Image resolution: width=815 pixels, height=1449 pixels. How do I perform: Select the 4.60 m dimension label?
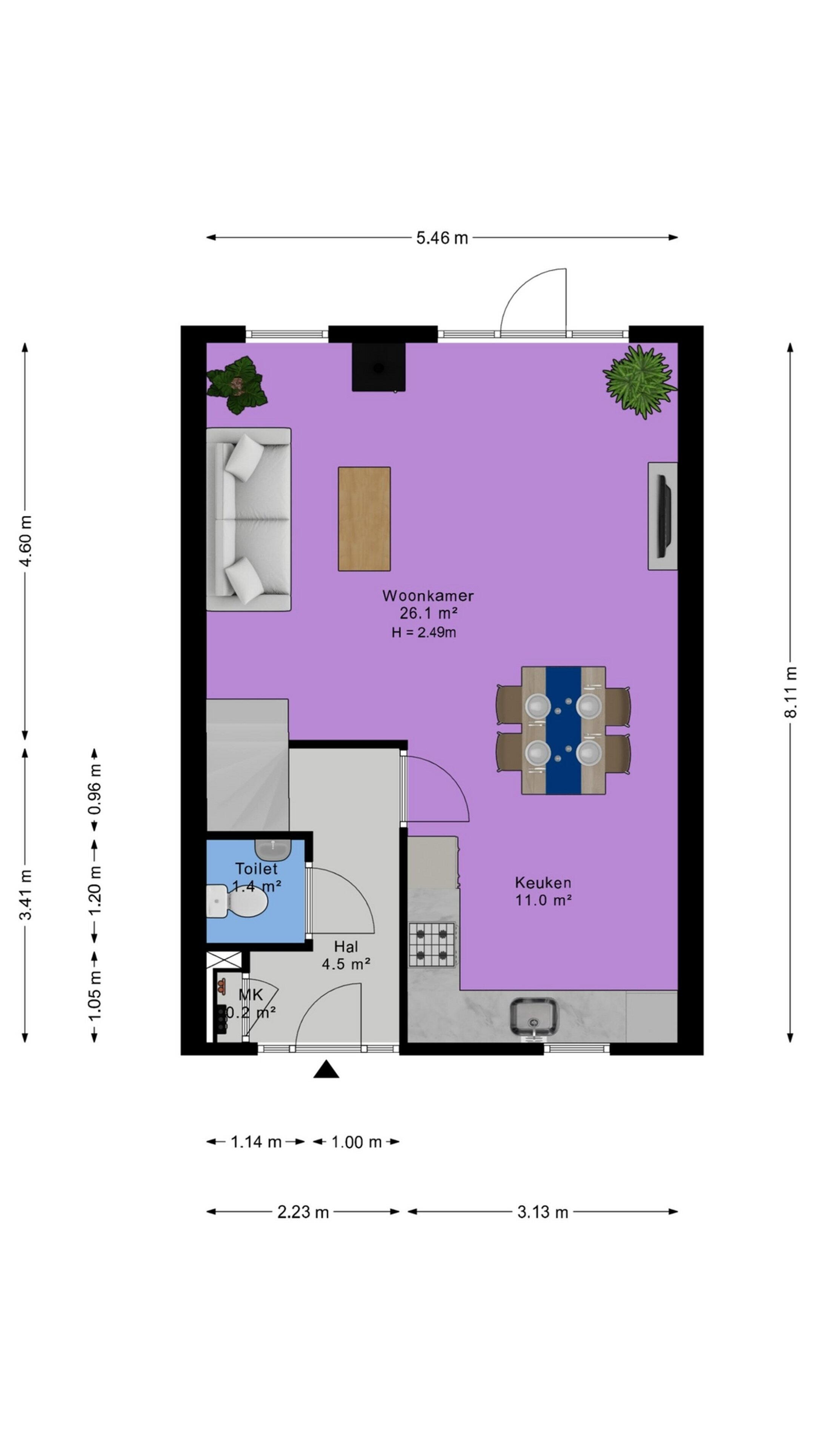[x=25, y=541]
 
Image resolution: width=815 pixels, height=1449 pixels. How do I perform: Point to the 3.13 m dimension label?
[x=542, y=1212]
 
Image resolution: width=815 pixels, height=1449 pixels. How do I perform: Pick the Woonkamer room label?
[x=427, y=595]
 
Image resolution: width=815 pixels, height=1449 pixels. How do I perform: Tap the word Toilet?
[x=256, y=869]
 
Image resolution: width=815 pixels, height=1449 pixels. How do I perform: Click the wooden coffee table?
[x=364, y=518]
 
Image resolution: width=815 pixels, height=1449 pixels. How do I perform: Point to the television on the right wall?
[x=664, y=516]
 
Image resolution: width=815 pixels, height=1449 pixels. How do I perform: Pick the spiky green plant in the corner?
[x=640, y=381]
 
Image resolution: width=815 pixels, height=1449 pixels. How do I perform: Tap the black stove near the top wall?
[x=378, y=367]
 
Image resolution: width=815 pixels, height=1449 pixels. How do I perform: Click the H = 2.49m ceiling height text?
[x=423, y=632]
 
